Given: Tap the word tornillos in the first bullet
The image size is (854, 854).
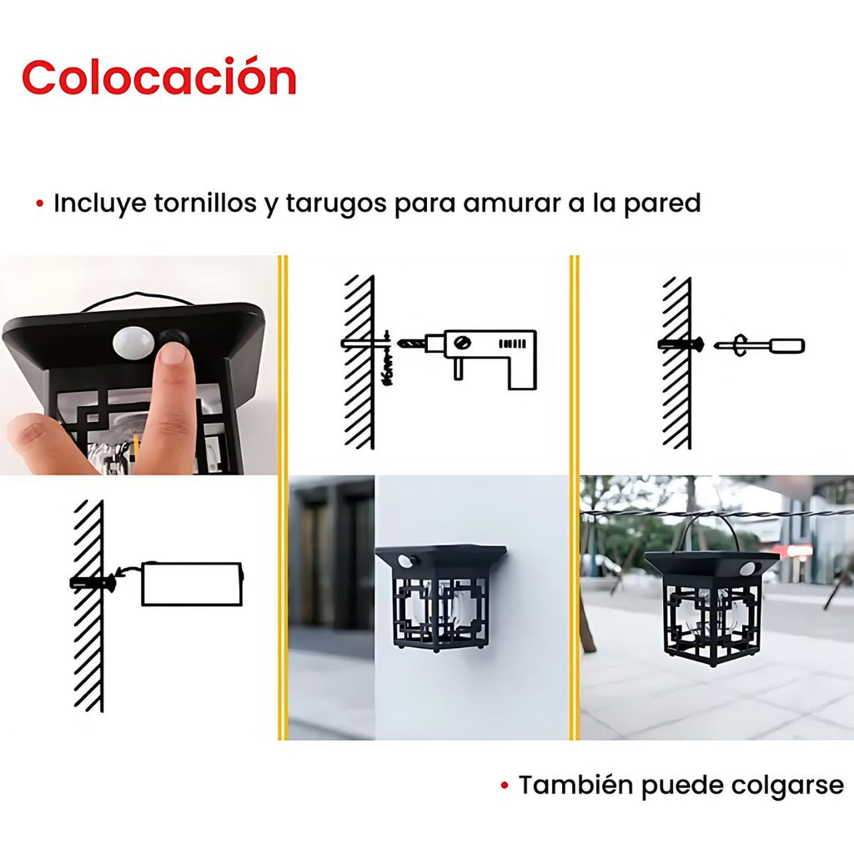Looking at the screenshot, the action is coord(205,203).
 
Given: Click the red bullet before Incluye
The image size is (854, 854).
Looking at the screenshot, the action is coord(39,204).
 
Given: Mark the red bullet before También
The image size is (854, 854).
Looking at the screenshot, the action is coord(505,786).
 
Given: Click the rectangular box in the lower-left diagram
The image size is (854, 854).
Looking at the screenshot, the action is coord(192,584).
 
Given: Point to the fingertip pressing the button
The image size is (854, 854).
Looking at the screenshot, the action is coord(173,354).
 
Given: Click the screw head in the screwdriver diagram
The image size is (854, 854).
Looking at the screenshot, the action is coord(699,344).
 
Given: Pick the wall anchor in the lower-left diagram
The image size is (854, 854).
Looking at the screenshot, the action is coord(93,582).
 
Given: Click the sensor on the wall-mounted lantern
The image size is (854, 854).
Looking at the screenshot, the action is coord(404,561).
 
